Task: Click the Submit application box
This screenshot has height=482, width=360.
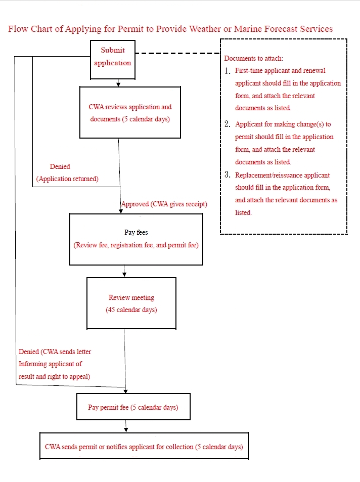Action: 113,60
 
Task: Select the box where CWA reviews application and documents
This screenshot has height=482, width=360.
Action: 130,112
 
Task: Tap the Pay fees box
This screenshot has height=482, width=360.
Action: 136,239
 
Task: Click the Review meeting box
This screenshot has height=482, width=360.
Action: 131,303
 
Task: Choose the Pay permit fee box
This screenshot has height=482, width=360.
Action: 133,407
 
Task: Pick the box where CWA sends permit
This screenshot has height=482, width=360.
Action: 144,446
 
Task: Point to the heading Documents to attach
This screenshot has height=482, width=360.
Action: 253,58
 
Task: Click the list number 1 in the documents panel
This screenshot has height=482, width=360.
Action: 227,71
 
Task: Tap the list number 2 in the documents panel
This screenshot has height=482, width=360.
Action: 227,124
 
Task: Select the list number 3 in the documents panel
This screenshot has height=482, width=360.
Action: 227,175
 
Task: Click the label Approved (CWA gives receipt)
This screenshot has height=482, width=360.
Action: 164,204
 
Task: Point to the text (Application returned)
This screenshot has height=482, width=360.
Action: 67,179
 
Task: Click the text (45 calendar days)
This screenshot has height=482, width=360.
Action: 131,310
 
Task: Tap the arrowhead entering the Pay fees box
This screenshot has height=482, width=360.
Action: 121,211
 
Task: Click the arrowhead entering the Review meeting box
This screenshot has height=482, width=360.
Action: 124,275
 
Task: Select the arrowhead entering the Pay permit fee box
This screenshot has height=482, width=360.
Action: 125,391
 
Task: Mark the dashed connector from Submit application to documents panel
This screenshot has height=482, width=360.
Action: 177,53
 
